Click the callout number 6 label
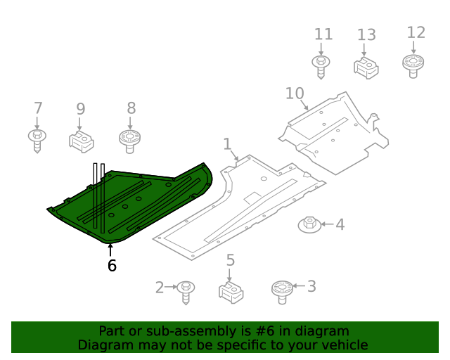click(x=112, y=265)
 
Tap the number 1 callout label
click(x=227, y=145)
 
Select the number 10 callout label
click(x=295, y=94)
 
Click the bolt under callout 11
click(x=321, y=66)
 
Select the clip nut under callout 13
click(x=366, y=67)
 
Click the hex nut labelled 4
click(x=309, y=225)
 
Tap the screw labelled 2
click(x=186, y=290)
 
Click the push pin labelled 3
click(x=281, y=290)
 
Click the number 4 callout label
click(x=340, y=225)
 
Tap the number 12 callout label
click(x=416, y=32)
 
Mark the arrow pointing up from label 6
click(x=110, y=249)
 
